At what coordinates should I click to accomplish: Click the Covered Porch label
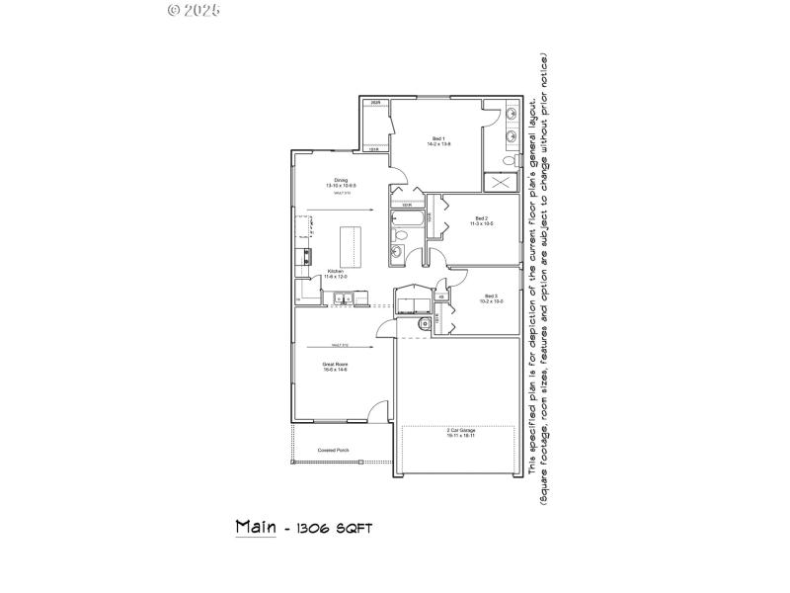pyautogui.click(x=333, y=451)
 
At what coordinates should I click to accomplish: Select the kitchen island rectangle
pyautogui.click(x=350, y=245)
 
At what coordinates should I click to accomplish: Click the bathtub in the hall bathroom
pyautogui.click(x=407, y=220)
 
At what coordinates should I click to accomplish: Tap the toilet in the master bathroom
pyautogui.click(x=508, y=160)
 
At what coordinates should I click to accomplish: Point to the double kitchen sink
pyautogui.click(x=342, y=298)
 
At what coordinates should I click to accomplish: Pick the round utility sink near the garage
pyautogui.click(x=427, y=322)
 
